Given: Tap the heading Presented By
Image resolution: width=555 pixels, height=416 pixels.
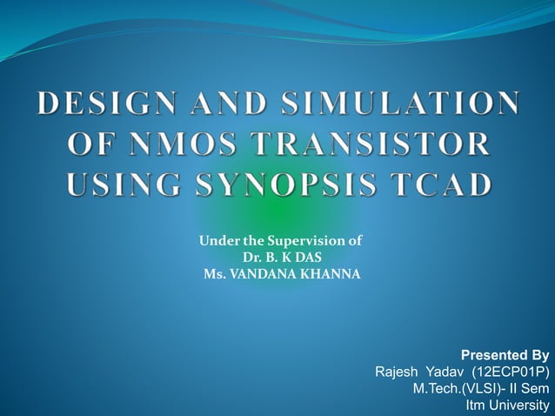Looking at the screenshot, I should coord(505,355).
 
